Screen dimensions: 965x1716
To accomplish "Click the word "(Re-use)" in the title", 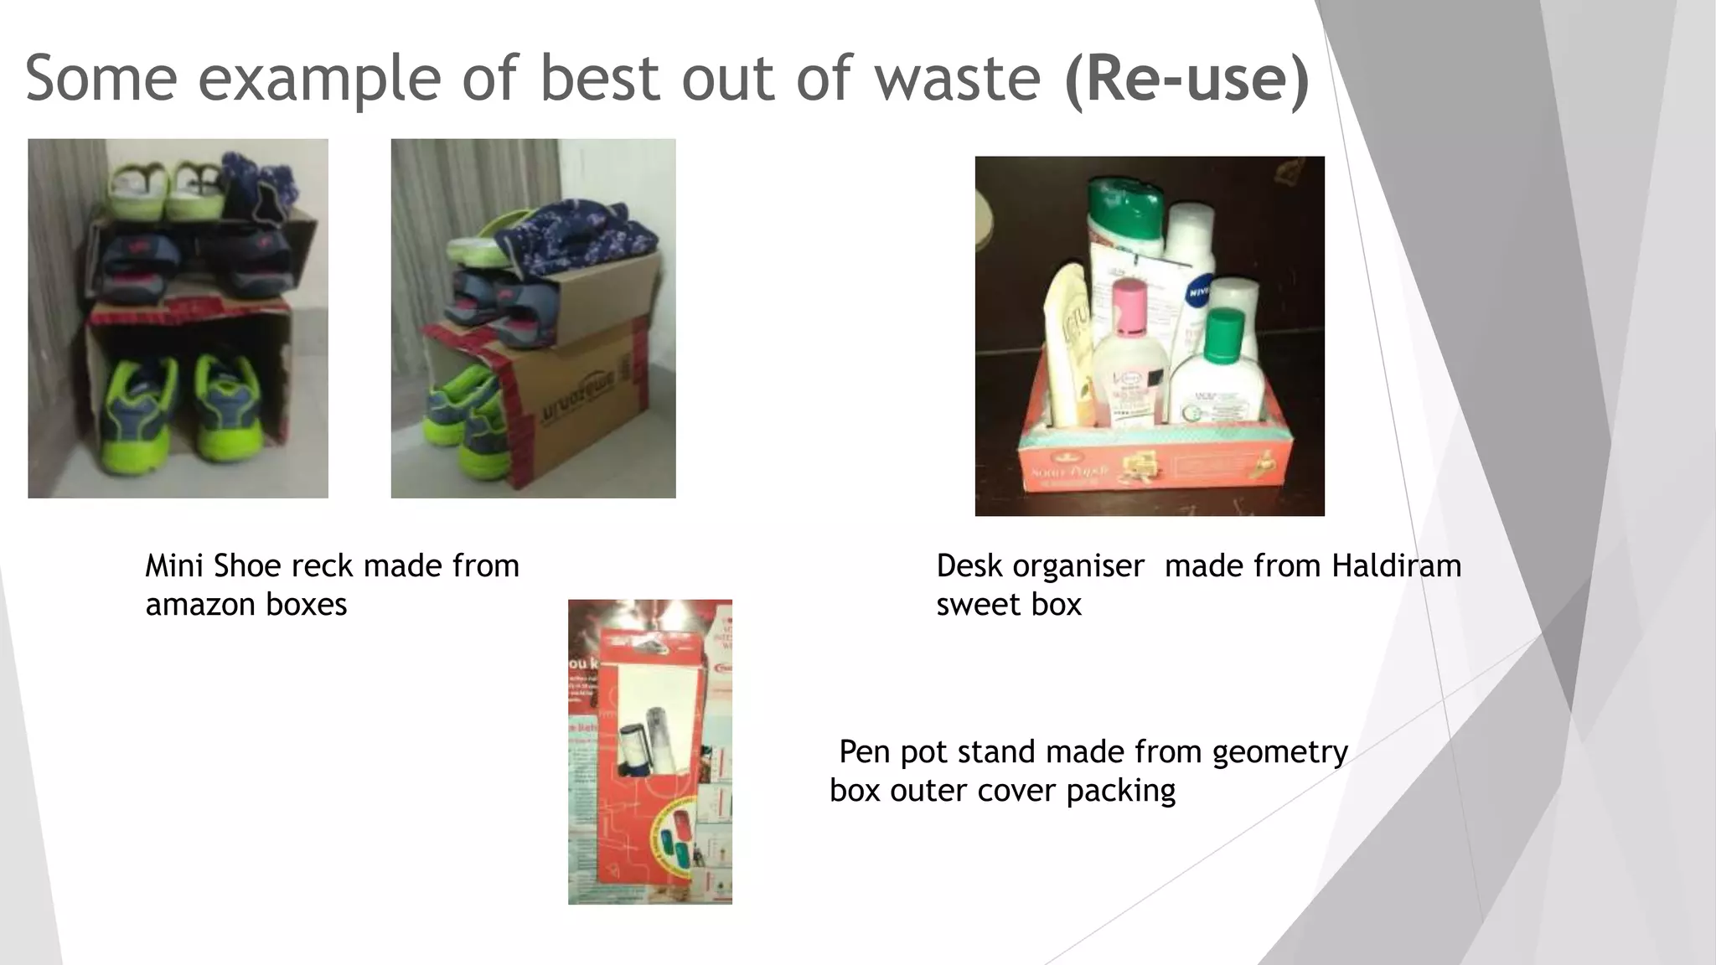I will (x=1186, y=78).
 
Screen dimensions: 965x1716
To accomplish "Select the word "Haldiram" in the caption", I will (x=1396, y=566).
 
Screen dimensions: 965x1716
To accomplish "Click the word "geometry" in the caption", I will (x=1279, y=752).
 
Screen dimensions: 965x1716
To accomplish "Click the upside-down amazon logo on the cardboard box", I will (x=578, y=394).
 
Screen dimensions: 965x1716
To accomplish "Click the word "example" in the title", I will (x=319, y=78).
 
